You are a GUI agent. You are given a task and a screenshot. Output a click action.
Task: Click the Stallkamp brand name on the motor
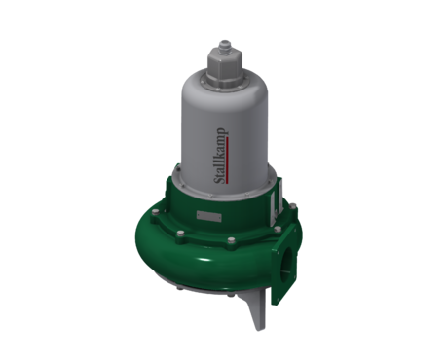[x=220, y=156]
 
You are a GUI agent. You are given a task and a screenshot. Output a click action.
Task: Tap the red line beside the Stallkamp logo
[x=228, y=161]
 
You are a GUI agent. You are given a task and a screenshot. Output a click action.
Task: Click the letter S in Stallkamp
[x=220, y=180]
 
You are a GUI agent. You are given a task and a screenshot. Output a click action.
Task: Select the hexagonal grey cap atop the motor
[x=225, y=65]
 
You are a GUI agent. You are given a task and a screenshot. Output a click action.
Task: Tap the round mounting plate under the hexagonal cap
[x=225, y=83]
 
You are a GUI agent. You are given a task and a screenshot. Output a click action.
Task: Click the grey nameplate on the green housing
[x=209, y=216]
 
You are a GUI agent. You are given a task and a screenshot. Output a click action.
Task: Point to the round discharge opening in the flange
[x=288, y=262]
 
